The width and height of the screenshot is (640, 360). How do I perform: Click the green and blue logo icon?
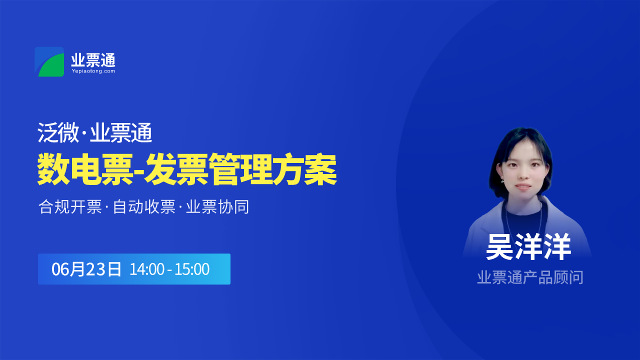click(49, 61)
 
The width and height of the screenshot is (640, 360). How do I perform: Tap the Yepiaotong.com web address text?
click(93, 71)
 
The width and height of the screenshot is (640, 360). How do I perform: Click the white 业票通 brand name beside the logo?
click(93, 60)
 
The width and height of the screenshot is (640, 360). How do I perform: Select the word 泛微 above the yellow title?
click(58, 133)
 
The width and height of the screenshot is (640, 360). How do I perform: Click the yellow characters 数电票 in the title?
click(85, 169)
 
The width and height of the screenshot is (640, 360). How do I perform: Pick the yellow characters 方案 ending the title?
click(305, 169)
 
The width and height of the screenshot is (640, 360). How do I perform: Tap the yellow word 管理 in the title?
click(240, 169)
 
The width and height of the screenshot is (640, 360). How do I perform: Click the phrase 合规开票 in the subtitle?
click(70, 207)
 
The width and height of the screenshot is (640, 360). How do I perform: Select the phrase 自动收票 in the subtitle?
click(144, 207)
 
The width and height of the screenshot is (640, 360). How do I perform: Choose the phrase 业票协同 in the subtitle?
click(217, 207)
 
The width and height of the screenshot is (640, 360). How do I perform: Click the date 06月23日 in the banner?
click(86, 269)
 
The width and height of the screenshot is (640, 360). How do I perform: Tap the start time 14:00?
click(147, 269)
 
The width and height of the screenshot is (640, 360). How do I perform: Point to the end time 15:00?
click(192, 269)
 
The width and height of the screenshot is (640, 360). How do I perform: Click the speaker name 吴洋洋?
click(528, 247)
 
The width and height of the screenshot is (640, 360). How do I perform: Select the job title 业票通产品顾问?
click(530, 277)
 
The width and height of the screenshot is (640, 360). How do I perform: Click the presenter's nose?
click(523, 175)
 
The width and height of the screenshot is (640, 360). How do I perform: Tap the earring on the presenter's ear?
click(502, 181)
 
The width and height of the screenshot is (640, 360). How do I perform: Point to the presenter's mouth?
click(523, 186)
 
